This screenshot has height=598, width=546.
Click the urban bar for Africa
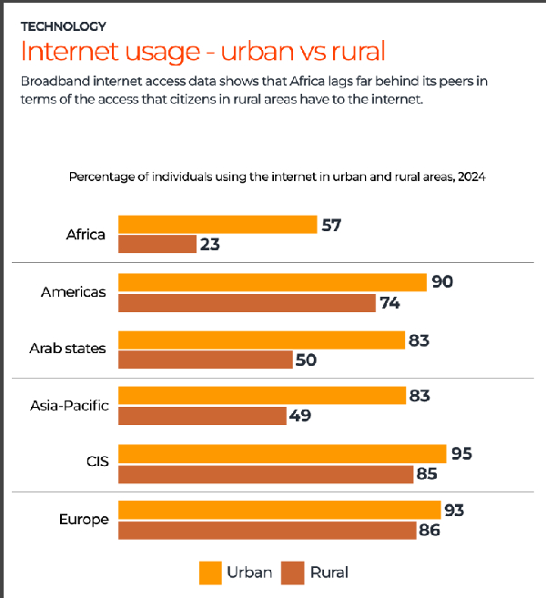pyautogui.click(x=217, y=225)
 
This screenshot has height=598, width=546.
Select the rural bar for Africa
pyautogui.click(x=157, y=244)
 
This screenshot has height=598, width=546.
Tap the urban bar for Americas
pyautogui.click(x=272, y=282)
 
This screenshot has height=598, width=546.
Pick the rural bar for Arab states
pyautogui.click(x=205, y=360)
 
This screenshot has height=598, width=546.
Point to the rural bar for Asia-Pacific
pyautogui.click(x=203, y=416)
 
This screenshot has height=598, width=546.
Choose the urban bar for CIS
pyautogui.click(x=282, y=453)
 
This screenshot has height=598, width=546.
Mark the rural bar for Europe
pyautogui.click(x=266, y=530)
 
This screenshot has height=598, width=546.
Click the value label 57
pyautogui.click(x=331, y=225)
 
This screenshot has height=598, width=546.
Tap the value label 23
pyautogui.click(x=211, y=244)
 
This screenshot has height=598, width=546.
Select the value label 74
pyautogui.click(x=390, y=302)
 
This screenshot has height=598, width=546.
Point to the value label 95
pyautogui.click(x=461, y=453)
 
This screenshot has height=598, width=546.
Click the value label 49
pyautogui.click(x=300, y=416)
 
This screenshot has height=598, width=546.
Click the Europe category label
pyautogui.click(x=84, y=520)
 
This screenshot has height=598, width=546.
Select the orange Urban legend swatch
pyautogui.click(x=210, y=573)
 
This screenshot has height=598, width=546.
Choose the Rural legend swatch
pyautogui.click(x=292, y=573)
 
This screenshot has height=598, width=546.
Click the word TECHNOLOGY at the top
pyautogui.click(x=63, y=26)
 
